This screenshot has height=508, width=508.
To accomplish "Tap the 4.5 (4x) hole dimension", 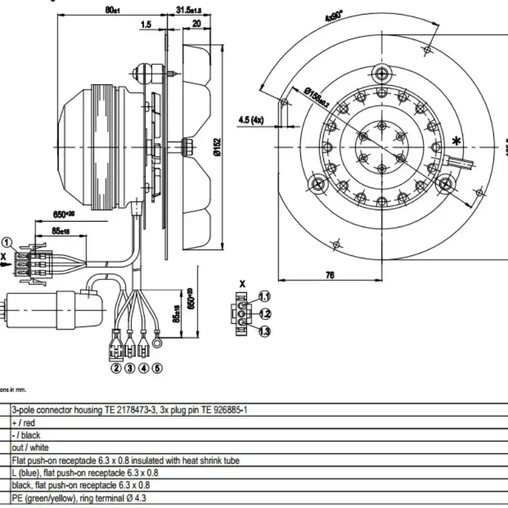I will click(x=251, y=120).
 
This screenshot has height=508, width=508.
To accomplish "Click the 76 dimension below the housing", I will click(x=330, y=276).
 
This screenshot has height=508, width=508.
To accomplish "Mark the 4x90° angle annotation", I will click(x=333, y=15).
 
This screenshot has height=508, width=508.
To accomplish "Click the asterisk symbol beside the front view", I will click(x=455, y=140).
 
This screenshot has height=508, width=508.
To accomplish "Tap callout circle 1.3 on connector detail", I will click(x=264, y=331).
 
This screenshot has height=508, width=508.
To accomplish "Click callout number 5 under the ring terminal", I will click(x=157, y=368).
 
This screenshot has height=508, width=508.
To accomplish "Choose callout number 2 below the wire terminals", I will click(x=116, y=368).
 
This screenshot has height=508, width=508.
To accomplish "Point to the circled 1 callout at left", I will click(x=6, y=242).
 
